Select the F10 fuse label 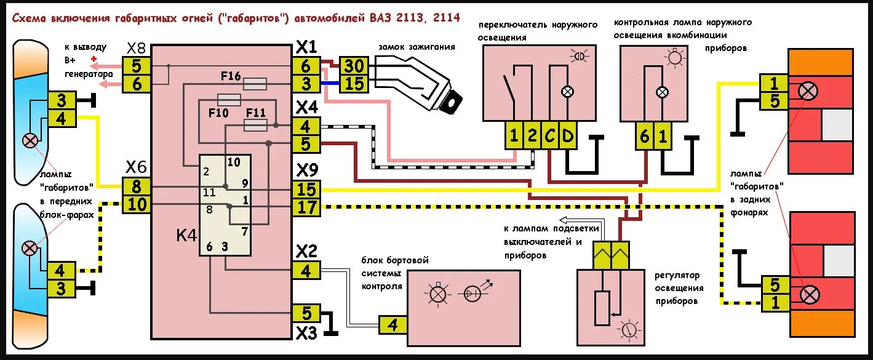[218, 113]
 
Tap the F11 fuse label [255, 113]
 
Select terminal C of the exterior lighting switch [550, 137]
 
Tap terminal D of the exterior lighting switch [567, 137]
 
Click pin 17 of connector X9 [306, 207]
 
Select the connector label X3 [306, 333]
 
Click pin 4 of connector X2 [306, 270]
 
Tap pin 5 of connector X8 [137, 66]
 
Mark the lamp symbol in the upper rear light [808, 91]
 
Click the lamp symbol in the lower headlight [30, 248]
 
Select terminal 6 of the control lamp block [644, 137]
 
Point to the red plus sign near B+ [94, 59]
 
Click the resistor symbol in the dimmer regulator [602, 308]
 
